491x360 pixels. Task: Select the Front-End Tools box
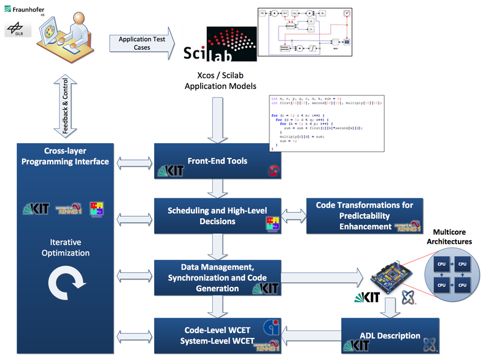[217, 162]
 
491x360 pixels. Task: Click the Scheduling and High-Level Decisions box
[217, 216]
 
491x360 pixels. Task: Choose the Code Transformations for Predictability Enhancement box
[365, 216]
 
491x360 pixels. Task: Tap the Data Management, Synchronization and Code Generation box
[217, 278]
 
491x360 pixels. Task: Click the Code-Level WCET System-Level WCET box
[217, 335]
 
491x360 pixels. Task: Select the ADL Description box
[390, 335]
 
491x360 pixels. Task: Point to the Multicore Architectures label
[452, 237]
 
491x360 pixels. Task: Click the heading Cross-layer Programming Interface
[66, 156]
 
